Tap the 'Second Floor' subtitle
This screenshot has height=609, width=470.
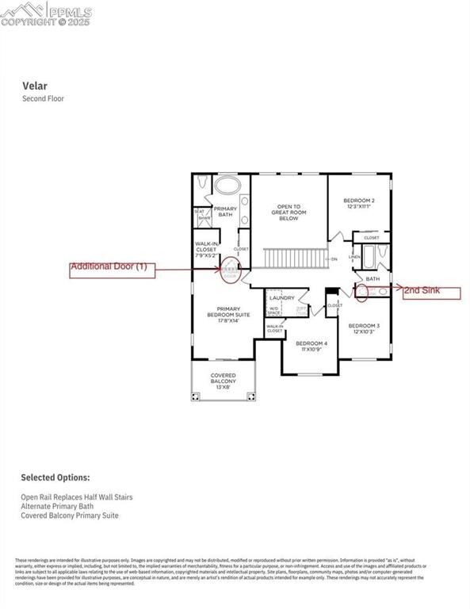(x=43, y=99)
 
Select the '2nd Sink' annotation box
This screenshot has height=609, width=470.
(x=430, y=292)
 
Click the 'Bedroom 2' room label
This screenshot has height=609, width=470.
(x=359, y=203)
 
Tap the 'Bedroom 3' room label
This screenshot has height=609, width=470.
(x=364, y=328)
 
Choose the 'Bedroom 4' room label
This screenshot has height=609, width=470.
(x=311, y=346)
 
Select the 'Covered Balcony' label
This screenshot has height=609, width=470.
(x=223, y=381)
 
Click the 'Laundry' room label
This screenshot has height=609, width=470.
(x=281, y=298)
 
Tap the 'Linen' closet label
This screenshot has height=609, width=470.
(x=354, y=257)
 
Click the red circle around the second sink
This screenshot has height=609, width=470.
(x=364, y=293)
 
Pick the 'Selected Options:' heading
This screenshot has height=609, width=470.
(x=55, y=478)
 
